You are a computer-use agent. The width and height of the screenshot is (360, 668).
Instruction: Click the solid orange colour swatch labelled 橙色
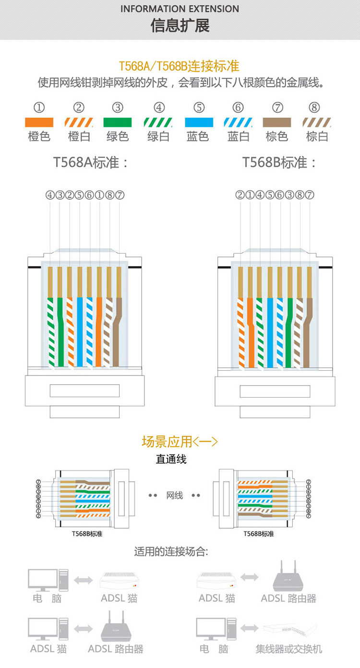click(39, 122)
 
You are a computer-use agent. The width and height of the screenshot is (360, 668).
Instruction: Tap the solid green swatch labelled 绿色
click(118, 122)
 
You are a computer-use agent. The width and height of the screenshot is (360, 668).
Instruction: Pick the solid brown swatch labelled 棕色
click(276, 122)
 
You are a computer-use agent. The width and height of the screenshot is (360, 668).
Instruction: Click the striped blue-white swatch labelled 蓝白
click(238, 122)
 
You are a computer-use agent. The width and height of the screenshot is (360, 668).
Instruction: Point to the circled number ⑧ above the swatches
click(314, 108)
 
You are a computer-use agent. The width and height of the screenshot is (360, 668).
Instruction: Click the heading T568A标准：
click(91, 162)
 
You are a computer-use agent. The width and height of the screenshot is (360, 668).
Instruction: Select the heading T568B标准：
click(280, 162)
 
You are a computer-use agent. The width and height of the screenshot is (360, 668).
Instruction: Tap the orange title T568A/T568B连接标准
click(179, 66)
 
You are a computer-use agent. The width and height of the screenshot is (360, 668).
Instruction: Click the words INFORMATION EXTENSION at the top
click(180, 9)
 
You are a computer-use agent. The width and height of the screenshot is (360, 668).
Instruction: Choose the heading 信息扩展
click(180, 25)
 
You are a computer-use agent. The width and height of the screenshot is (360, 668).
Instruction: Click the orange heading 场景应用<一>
click(180, 441)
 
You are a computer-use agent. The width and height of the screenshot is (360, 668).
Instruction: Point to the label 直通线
click(171, 459)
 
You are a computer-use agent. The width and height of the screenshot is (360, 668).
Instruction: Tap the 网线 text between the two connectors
click(175, 495)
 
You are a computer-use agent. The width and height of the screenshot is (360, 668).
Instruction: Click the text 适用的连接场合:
click(171, 552)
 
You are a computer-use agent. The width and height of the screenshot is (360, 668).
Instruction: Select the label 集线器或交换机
click(288, 649)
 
